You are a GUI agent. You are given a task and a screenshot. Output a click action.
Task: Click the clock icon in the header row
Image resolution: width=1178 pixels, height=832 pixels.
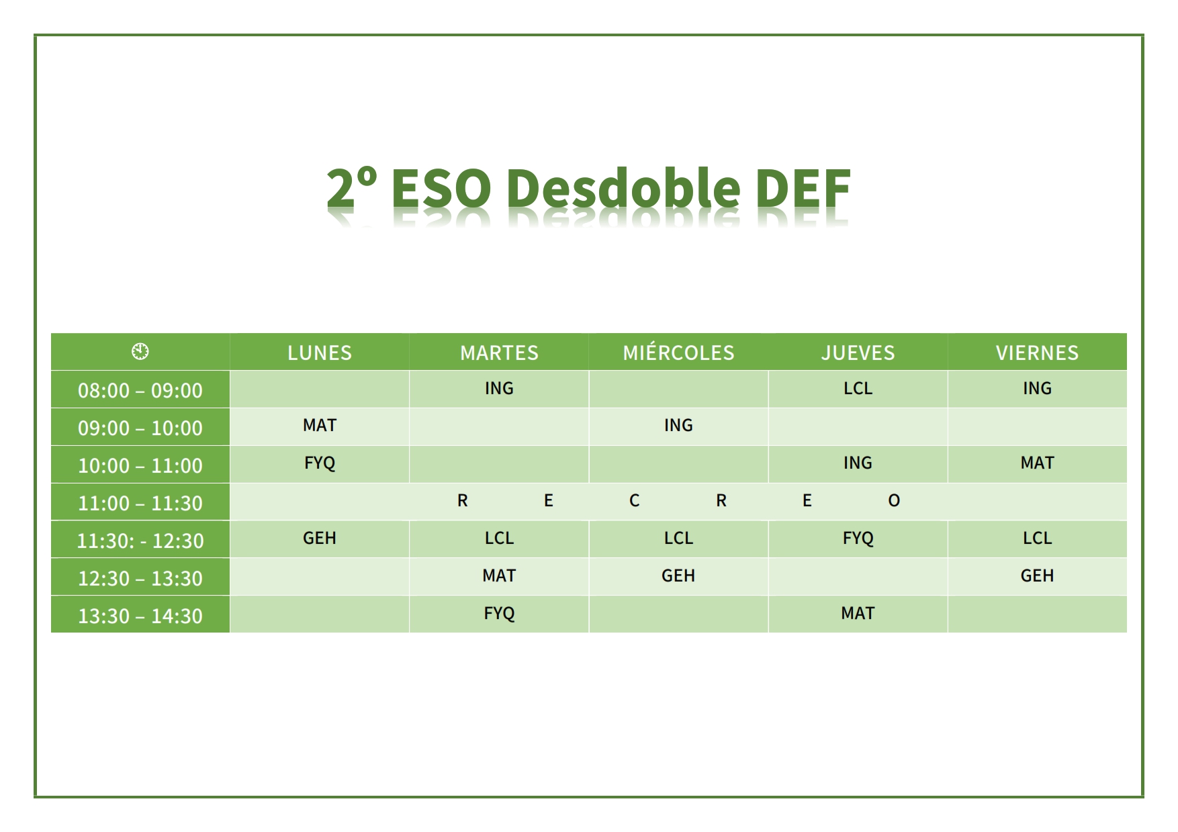pyautogui.click(x=140, y=351)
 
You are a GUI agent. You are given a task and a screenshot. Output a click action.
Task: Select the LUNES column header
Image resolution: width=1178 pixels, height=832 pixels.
pyautogui.click(x=320, y=353)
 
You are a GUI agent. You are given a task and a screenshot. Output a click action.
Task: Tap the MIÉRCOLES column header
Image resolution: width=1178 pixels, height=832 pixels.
pyautogui.click(x=678, y=352)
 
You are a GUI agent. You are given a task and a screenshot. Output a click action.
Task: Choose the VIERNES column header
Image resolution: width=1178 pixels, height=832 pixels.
pyautogui.click(x=1037, y=353)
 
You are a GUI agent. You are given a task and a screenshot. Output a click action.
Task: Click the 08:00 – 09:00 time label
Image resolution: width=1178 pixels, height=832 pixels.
pyautogui.click(x=140, y=390)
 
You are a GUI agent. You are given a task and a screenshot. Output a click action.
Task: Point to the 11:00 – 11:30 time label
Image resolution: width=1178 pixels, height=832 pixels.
pyautogui.click(x=140, y=503)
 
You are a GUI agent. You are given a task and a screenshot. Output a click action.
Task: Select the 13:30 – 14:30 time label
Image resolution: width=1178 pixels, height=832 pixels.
pyautogui.click(x=140, y=616)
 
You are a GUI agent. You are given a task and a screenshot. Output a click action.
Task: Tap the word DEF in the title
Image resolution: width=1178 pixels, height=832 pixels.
pyautogui.click(x=803, y=188)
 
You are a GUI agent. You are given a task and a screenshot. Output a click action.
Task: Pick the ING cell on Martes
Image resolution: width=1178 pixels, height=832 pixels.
pyautogui.click(x=499, y=388)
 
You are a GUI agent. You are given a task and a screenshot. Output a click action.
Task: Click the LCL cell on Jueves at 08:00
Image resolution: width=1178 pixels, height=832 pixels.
pyautogui.click(x=858, y=388)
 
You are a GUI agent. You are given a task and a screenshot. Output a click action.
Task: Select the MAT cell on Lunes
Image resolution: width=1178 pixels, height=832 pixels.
pyautogui.click(x=320, y=425)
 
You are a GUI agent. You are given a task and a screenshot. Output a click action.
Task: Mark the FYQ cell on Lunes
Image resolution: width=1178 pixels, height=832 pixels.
pyautogui.click(x=320, y=463)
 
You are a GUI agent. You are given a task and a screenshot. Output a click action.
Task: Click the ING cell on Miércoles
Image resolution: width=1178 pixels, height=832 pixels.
pyautogui.click(x=678, y=425)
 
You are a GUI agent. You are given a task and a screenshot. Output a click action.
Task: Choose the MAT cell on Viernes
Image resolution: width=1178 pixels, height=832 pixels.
pyautogui.click(x=1037, y=463)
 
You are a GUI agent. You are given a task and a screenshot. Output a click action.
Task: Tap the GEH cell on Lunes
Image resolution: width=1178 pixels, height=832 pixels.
pyautogui.click(x=320, y=538)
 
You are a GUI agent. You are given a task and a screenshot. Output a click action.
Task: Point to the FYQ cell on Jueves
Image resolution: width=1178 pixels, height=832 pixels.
pyautogui.click(x=858, y=539)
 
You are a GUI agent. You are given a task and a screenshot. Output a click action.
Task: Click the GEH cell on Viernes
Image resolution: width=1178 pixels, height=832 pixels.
pyautogui.click(x=1037, y=575)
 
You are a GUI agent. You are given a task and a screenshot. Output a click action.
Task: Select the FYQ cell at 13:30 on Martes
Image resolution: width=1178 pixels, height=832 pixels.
pyautogui.click(x=499, y=614)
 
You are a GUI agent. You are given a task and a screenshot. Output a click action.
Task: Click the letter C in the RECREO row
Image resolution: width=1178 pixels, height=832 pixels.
pyautogui.click(x=634, y=500)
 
